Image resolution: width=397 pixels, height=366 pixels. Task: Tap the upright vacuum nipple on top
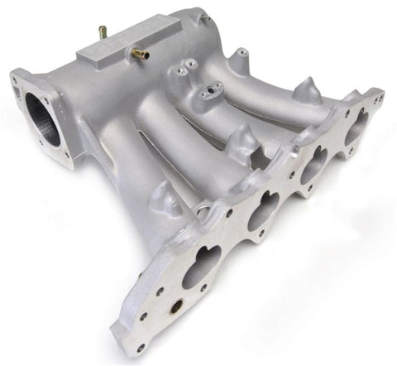103,33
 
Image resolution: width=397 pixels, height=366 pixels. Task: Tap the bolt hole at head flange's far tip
380,98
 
